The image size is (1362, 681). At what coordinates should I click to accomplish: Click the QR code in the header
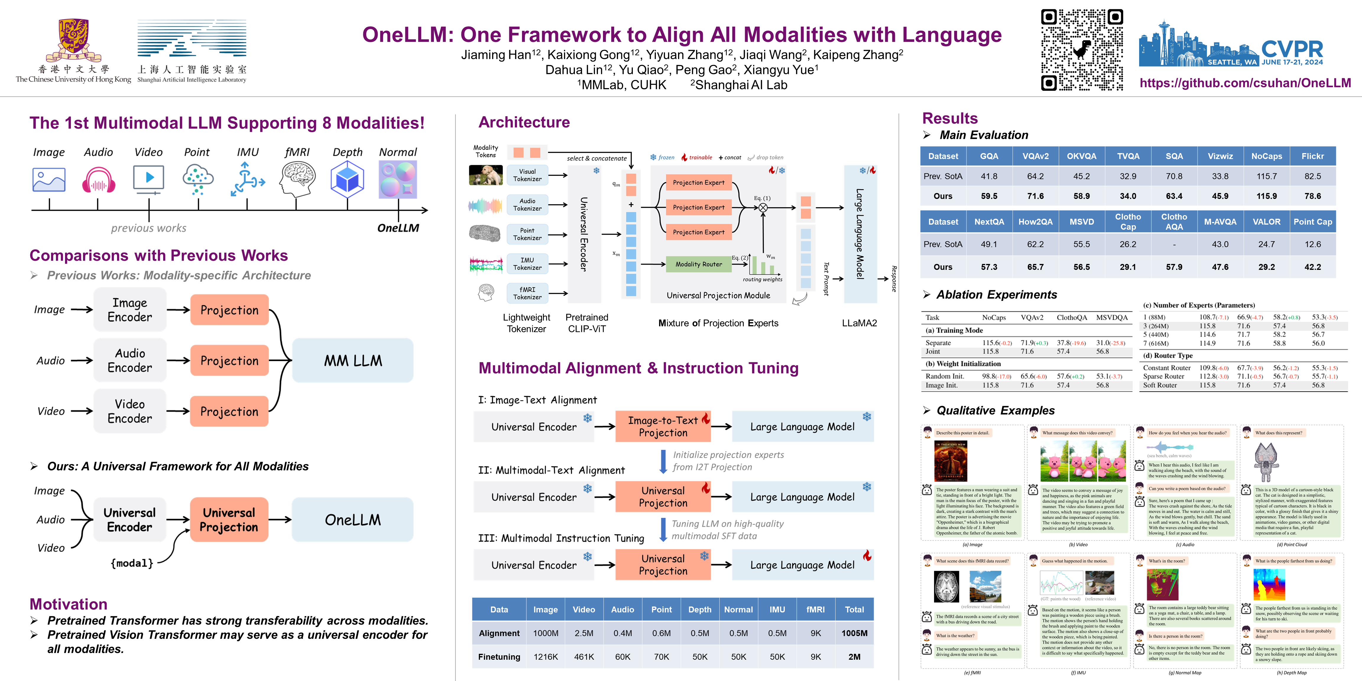[1082, 50]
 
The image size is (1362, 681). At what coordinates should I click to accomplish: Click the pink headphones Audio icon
[98, 180]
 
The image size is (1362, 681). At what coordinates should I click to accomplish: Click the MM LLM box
[353, 361]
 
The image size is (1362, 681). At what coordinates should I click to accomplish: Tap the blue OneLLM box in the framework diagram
[353, 520]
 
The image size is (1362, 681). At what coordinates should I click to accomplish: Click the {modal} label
[132, 563]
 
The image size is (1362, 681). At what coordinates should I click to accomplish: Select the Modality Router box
[698, 264]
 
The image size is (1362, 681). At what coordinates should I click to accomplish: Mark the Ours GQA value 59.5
[989, 196]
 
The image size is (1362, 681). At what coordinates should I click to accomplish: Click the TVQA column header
[1128, 156]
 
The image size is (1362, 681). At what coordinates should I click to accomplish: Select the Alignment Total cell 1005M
[854, 633]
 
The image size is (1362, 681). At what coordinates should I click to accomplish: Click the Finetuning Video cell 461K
[584, 657]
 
